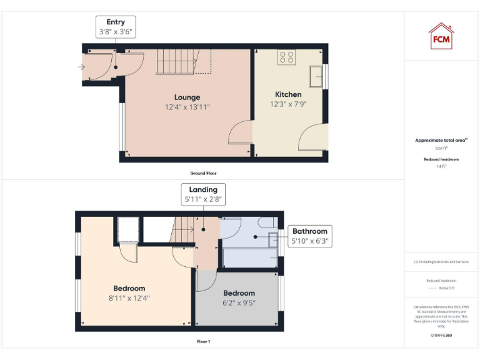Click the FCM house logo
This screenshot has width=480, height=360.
441,36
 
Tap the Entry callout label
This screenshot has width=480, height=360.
116,27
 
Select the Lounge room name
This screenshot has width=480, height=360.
187,97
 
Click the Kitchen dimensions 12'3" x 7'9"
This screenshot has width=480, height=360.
288,104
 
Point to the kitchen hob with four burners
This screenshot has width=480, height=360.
287,57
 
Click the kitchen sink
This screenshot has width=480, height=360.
316,76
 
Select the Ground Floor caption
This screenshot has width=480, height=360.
203,173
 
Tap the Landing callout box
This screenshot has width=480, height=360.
203,194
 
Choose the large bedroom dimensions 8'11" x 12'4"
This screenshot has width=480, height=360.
129,298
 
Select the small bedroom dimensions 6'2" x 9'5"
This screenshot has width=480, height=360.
239,303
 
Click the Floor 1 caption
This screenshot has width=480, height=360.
203,342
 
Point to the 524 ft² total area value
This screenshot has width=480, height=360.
441,149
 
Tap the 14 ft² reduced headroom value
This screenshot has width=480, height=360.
441,167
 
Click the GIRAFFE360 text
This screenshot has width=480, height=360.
441,336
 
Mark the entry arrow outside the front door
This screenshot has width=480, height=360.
82,66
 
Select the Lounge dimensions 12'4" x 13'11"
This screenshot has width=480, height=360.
187,107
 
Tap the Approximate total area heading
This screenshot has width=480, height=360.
441,141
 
